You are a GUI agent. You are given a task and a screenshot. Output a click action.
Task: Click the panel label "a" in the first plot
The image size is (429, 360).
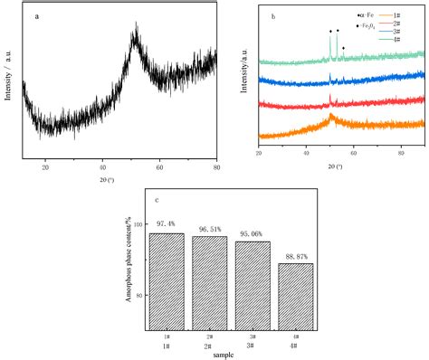(35, 15)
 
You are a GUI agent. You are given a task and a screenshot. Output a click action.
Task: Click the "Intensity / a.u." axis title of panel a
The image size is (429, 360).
(10, 83)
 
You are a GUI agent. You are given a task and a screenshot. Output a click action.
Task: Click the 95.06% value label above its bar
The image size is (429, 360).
(252, 232)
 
